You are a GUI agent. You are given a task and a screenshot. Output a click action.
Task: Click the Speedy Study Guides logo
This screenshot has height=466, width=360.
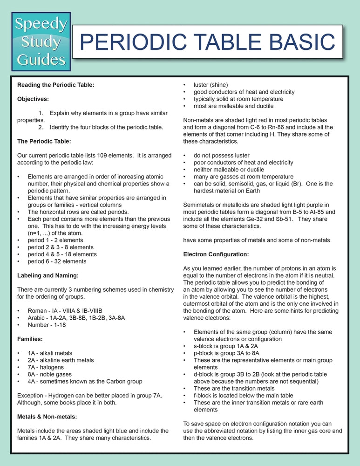41,42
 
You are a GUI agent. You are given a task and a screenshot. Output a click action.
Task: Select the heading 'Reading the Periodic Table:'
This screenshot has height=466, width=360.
55,85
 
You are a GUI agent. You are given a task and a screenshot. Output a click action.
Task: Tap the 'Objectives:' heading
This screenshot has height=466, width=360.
33,99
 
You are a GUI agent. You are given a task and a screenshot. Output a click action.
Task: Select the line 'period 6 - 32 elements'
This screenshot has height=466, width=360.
57,261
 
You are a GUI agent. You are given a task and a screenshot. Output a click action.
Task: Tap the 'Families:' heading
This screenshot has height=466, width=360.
30,339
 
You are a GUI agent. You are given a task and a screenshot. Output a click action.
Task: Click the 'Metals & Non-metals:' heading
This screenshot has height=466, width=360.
47,417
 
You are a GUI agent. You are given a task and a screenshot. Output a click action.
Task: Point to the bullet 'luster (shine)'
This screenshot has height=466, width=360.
211,85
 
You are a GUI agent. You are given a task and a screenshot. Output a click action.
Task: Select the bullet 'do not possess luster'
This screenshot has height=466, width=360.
221,155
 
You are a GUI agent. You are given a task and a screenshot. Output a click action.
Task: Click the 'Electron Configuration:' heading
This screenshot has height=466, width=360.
216,254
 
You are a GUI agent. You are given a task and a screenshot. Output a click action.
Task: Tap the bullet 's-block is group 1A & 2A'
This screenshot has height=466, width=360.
226,346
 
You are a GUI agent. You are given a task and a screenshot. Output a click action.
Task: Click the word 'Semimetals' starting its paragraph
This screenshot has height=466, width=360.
199,205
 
